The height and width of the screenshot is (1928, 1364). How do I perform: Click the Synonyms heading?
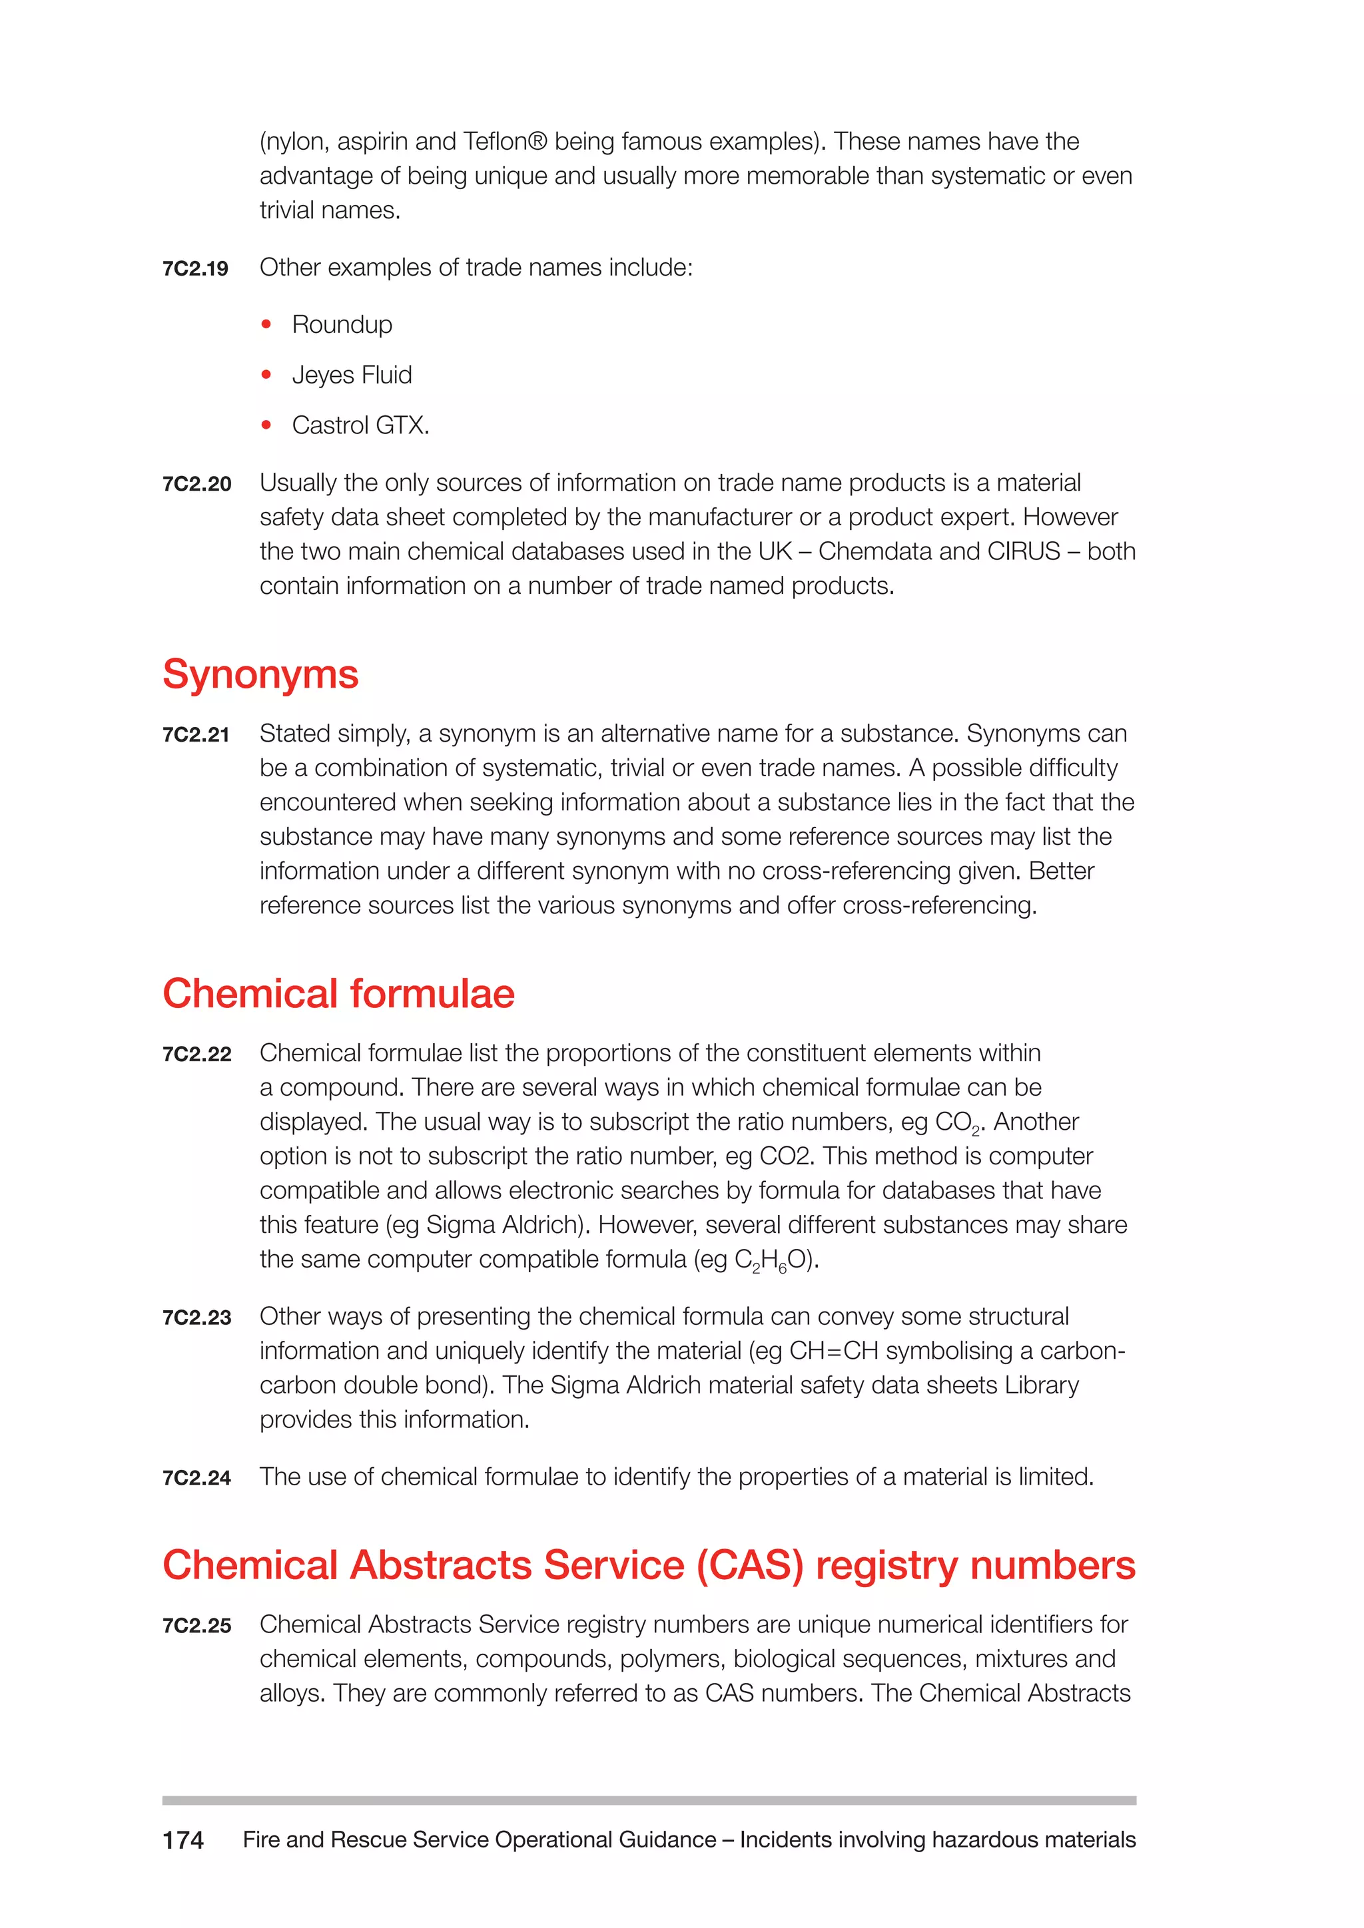click(x=260, y=674)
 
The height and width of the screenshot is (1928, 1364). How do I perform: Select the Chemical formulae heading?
click(x=338, y=993)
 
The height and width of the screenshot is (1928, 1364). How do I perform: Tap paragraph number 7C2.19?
click(x=195, y=269)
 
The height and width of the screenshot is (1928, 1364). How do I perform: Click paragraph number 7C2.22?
click(x=196, y=1055)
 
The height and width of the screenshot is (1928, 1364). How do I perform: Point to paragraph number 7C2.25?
click(x=196, y=1626)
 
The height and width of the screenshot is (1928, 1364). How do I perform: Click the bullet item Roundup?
click(x=342, y=324)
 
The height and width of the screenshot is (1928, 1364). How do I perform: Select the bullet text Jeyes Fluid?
click(x=352, y=375)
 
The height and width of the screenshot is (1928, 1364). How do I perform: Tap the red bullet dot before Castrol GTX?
click(x=266, y=425)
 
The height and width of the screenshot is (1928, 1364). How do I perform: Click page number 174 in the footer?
click(x=183, y=1841)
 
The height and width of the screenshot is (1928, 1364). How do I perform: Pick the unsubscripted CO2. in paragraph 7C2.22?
click(x=787, y=1156)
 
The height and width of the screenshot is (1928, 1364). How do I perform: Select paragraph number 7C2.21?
click(x=196, y=735)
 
